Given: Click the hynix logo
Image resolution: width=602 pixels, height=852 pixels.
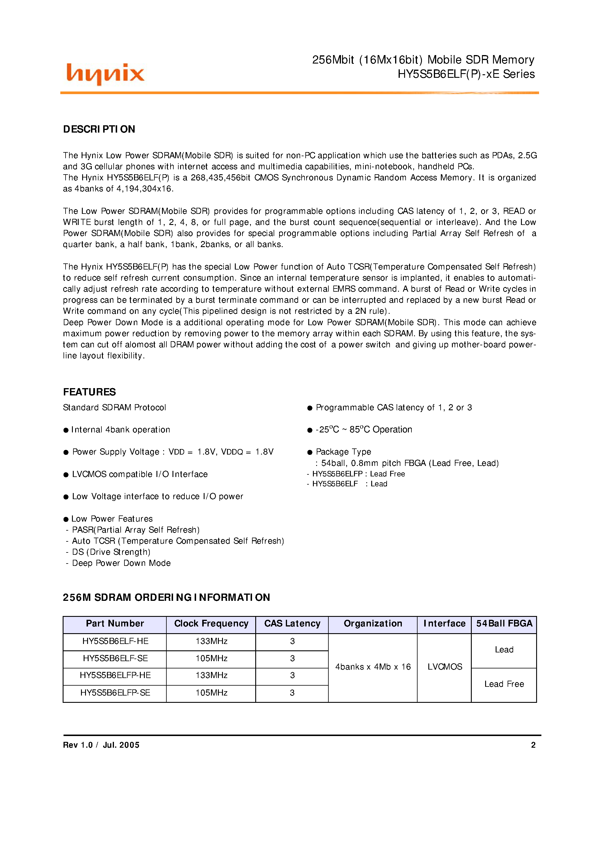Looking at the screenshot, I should point(105,74).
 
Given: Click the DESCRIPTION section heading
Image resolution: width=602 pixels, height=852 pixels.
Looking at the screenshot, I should point(99,129).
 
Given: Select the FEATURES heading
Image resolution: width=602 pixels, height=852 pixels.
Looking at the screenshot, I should point(89,392).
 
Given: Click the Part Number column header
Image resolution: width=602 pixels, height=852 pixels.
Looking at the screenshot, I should point(115,624).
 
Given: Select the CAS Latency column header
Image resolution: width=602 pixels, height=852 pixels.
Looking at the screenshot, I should point(292,624).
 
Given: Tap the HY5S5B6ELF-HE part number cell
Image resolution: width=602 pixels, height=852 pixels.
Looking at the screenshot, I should point(115,641).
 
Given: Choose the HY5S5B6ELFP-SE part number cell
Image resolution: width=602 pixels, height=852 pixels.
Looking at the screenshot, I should point(115,693).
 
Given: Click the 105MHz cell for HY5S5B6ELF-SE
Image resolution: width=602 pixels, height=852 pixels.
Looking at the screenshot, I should point(211,658).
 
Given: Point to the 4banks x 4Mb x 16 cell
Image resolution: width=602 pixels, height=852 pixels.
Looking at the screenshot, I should point(373,667).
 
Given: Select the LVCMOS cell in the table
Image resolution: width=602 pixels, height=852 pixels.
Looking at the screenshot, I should point(444,667).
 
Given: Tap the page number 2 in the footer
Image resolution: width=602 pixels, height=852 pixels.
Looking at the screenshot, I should point(533,745).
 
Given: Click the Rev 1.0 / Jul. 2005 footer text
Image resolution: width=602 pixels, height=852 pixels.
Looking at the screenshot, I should point(101,745).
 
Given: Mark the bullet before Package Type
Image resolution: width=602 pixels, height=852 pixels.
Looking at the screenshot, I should point(310,452).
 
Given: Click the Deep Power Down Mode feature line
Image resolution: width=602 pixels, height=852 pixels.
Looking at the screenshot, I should point(121,563).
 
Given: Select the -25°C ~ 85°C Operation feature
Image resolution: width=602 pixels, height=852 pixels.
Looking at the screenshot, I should point(363,430).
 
